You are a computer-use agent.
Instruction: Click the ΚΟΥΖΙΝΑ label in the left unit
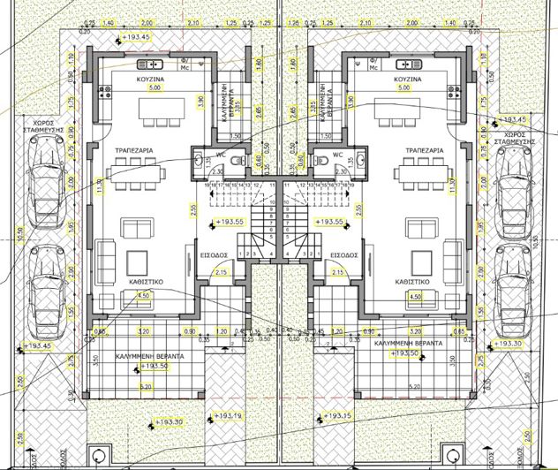click(x=147, y=79)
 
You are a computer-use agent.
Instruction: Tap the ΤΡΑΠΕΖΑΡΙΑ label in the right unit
click(x=417, y=151)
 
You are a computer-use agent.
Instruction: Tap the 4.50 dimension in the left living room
click(x=143, y=295)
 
